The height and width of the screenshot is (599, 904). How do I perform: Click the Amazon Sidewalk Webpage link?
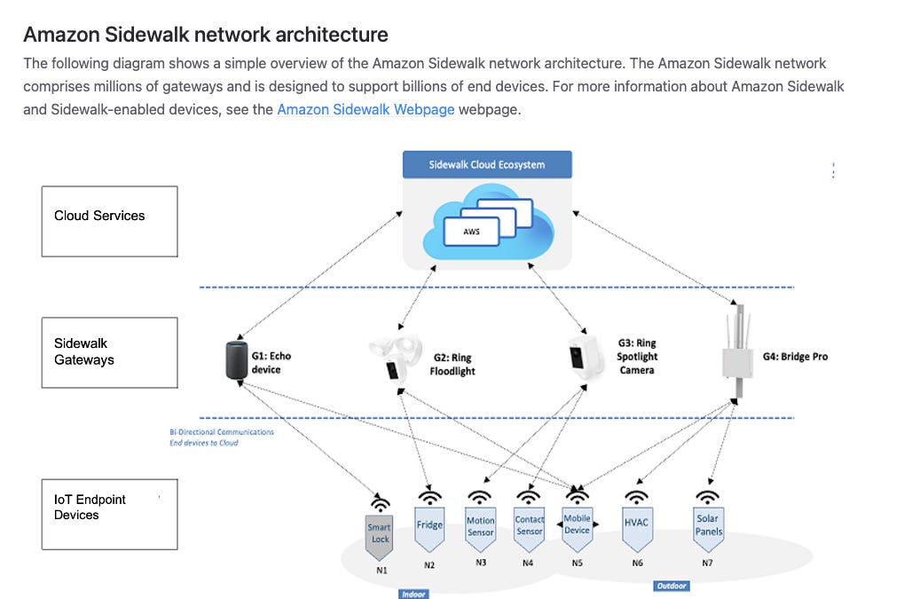[366, 110]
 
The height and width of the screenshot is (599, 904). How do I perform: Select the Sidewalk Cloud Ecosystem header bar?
[487, 165]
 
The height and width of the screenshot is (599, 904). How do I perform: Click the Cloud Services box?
[109, 221]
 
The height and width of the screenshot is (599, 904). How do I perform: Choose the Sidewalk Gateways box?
[109, 352]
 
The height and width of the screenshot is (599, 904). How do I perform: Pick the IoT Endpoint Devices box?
[109, 514]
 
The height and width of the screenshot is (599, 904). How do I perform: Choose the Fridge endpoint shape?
[429, 526]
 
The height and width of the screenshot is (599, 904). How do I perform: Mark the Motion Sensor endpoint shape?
[480, 528]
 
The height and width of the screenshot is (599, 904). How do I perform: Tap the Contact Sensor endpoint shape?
[530, 527]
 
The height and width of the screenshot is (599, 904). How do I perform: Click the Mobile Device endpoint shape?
[577, 526]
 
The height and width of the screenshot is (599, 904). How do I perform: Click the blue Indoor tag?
[413, 594]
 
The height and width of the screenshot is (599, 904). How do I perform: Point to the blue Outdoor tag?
[672, 586]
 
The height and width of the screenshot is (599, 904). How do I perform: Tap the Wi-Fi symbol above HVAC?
[636, 497]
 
